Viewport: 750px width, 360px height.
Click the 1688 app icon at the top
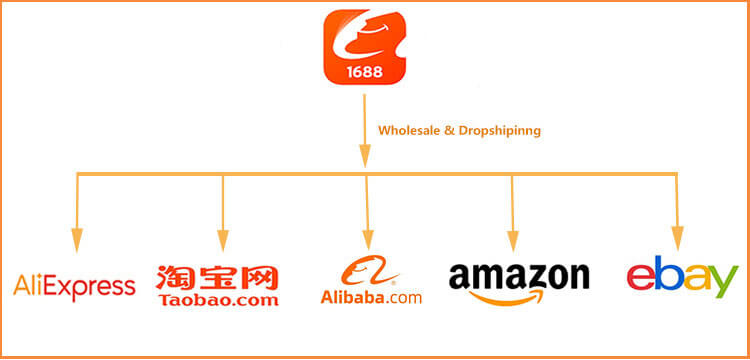coord(363,48)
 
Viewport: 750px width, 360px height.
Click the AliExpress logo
coord(74,287)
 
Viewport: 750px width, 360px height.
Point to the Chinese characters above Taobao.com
coord(217,276)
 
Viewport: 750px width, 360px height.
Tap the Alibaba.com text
coord(371,297)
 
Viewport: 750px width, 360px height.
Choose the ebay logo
coord(681,278)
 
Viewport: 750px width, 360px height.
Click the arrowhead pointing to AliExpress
coord(76,238)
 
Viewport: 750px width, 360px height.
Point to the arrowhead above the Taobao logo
coord(222,238)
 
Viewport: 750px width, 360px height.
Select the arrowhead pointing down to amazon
coord(513,238)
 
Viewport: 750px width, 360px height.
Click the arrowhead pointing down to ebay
coord(677,238)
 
